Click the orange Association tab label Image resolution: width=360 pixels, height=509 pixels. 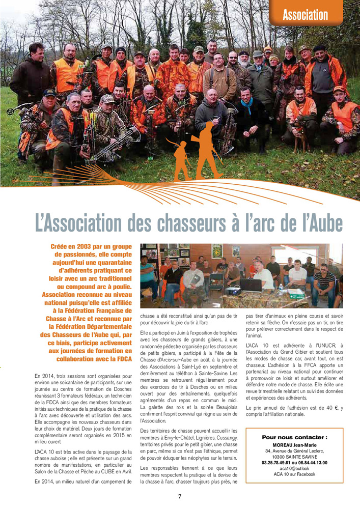point(306,14)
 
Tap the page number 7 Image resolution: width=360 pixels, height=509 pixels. point(180,496)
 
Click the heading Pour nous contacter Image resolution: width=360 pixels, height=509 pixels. point(294,437)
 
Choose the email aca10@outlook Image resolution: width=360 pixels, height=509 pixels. point(294,468)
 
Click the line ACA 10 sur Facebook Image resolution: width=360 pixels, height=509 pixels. point(294,474)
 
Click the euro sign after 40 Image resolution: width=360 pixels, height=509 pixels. point(335,408)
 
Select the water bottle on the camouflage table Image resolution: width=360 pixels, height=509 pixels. point(281,289)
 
